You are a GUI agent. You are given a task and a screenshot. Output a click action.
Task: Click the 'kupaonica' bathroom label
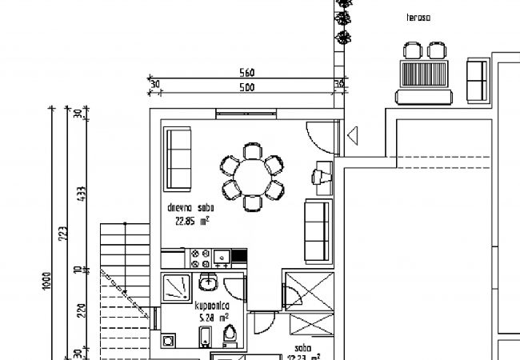pyautogui.click(x=214, y=306)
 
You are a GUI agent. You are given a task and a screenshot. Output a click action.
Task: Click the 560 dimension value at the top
pyautogui.click(x=247, y=74)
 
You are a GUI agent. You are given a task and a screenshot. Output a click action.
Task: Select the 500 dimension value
pyautogui.click(x=247, y=87)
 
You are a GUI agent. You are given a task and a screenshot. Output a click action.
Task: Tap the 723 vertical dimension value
pyautogui.click(x=62, y=233)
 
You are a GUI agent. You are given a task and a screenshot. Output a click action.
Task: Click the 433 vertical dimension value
pyautogui.click(x=78, y=196)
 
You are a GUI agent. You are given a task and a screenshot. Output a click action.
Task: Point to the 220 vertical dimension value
pyautogui.click(x=78, y=312)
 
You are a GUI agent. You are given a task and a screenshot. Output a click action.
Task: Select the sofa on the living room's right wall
pyautogui.click(x=318, y=230)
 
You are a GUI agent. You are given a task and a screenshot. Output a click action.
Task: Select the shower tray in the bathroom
pyautogui.click(x=174, y=286)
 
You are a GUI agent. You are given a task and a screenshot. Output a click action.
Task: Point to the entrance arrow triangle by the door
pyautogui.click(x=353, y=137)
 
